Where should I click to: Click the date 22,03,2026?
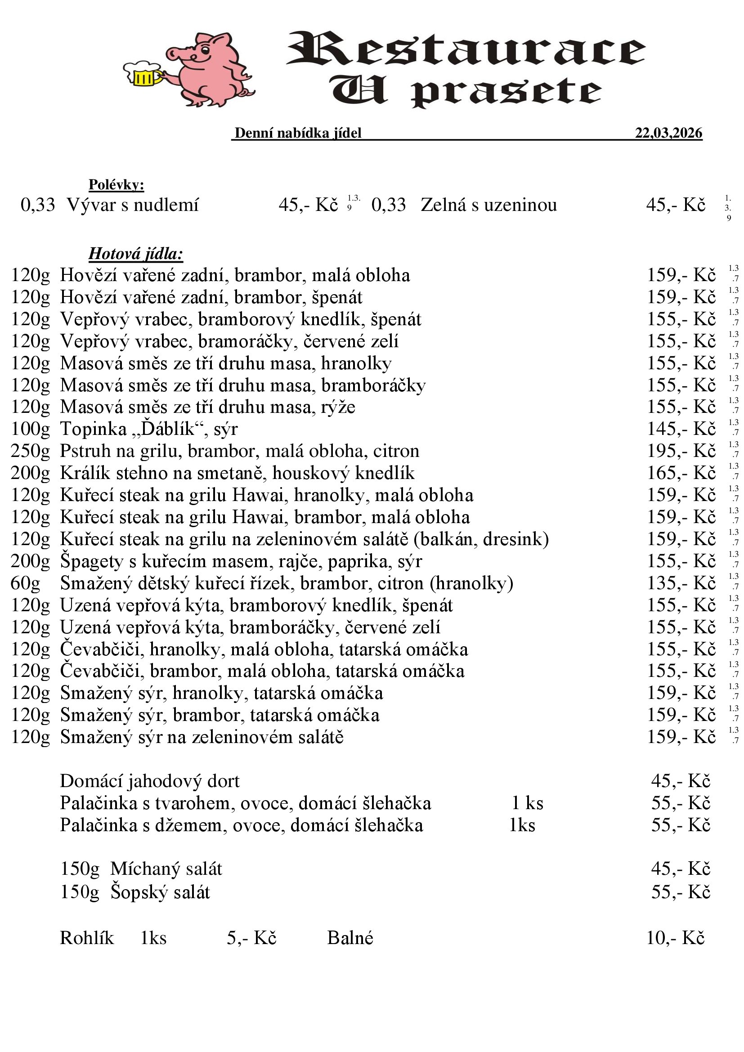[668, 133]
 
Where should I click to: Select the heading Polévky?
[117, 185]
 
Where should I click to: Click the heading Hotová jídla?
[136, 253]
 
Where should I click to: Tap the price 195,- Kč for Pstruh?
[681, 451]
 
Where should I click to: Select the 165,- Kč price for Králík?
[681, 473]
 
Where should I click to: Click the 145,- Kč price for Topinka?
[681, 430]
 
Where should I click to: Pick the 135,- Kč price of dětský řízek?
[681, 583]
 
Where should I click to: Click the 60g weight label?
[26, 583]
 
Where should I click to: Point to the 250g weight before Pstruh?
[30, 451]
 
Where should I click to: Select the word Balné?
[350, 938]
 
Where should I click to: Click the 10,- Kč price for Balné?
[675, 938]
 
